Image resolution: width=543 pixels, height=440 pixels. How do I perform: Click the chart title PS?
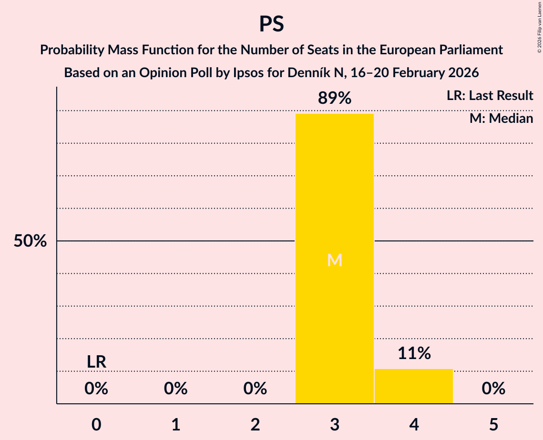click(271, 24)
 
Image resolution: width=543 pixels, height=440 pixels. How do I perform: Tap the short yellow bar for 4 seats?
click(413, 386)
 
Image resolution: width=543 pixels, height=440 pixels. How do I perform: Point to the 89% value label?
click(335, 99)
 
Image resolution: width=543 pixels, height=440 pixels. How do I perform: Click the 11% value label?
click(414, 353)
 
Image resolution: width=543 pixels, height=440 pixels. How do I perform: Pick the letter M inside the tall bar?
click(335, 260)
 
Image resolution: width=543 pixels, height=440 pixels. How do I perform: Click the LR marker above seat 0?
click(96, 362)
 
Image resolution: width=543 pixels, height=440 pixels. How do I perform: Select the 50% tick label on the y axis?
click(30, 241)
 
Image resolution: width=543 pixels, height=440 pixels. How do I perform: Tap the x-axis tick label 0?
click(96, 425)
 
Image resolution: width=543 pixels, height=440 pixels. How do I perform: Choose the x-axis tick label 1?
click(176, 425)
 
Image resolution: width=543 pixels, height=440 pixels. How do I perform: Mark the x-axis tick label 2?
click(255, 425)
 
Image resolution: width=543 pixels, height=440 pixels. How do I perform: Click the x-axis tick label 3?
click(335, 425)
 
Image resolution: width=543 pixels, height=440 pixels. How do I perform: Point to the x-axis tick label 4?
click(414, 425)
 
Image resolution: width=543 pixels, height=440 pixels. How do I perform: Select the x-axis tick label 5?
click(493, 425)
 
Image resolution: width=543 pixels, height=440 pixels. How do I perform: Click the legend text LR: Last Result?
click(490, 96)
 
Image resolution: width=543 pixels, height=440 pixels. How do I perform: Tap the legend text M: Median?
click(501, 118)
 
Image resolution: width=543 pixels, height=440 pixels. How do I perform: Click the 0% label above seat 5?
click(493, 389)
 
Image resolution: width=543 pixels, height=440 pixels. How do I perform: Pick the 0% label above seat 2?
click(255, 389)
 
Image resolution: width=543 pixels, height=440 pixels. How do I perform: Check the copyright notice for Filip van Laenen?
click(538, 29)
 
